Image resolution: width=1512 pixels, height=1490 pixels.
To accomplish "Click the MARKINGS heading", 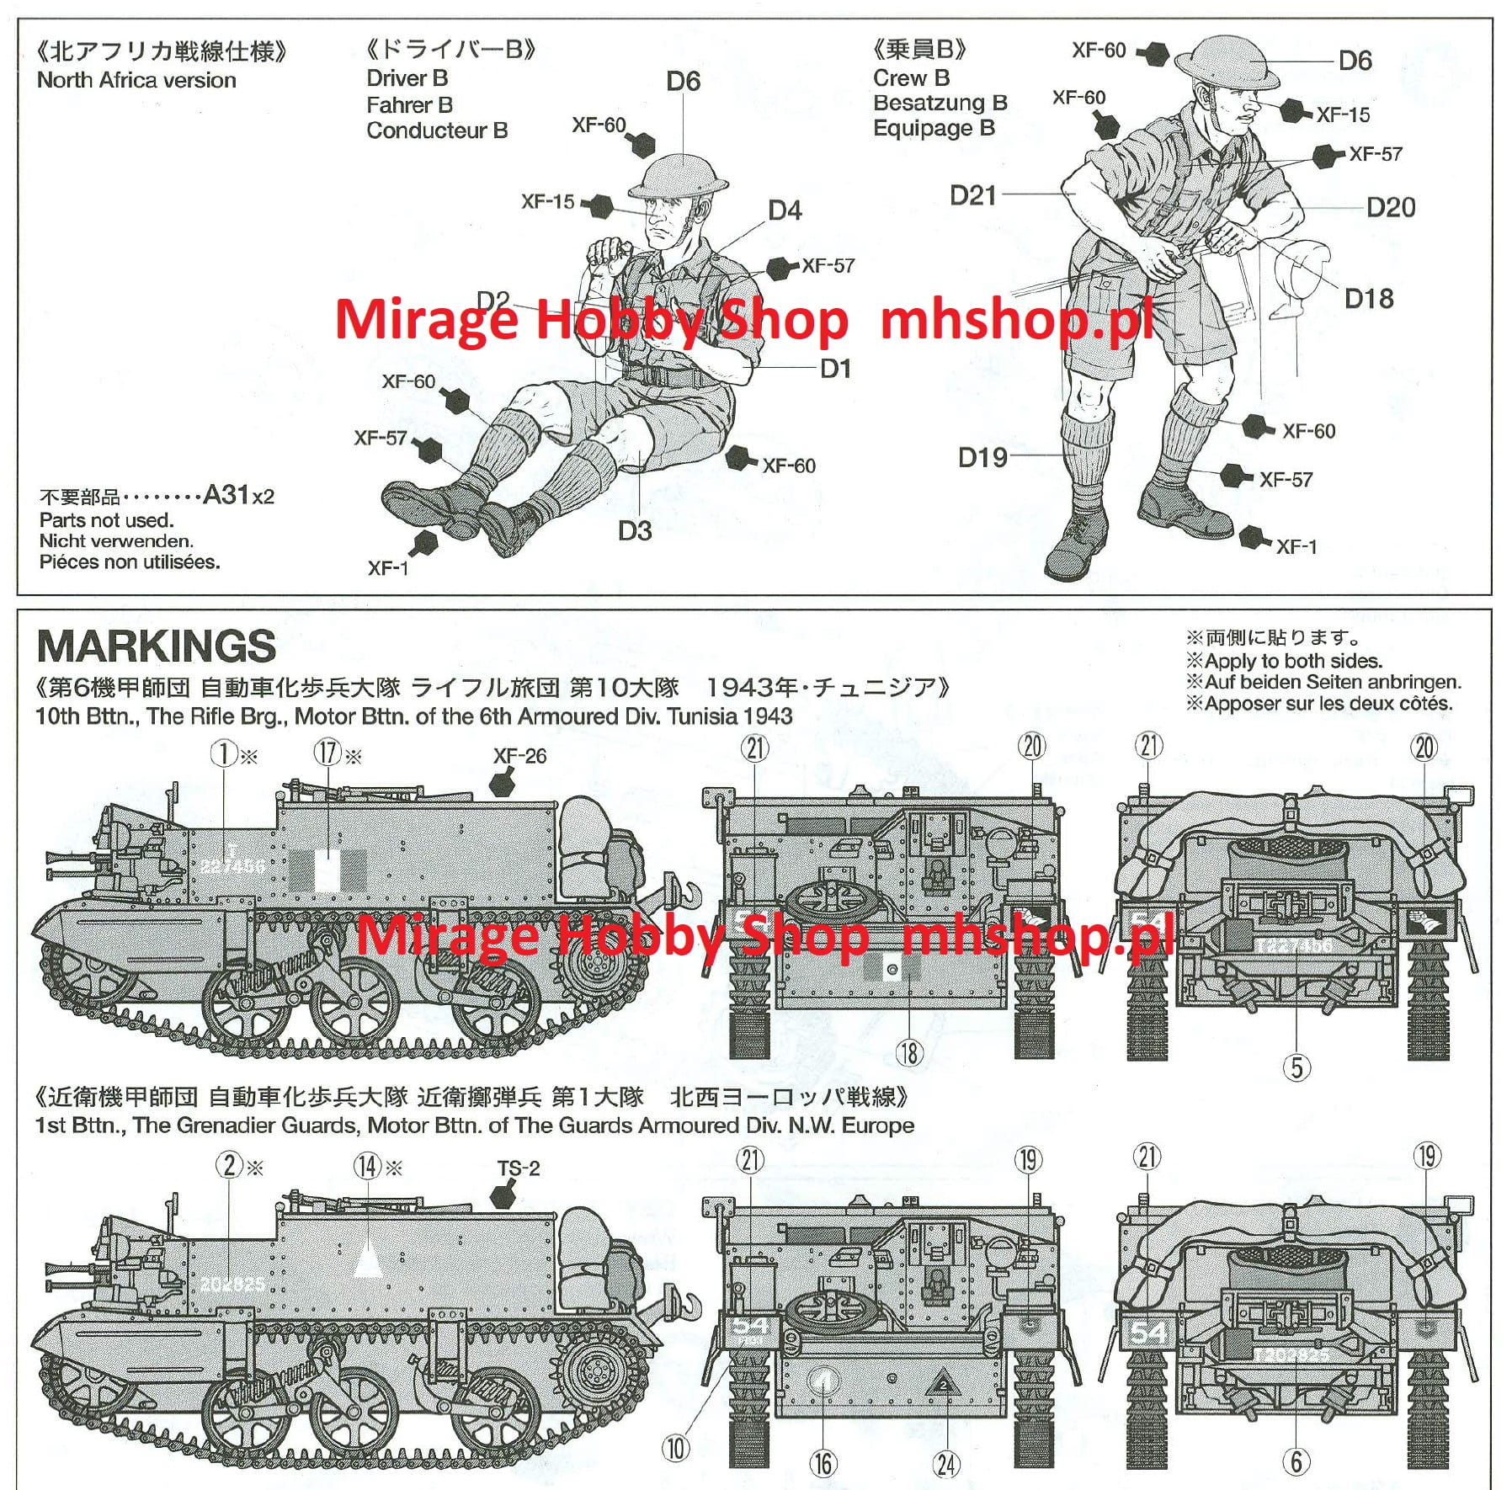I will [x=157, y=647].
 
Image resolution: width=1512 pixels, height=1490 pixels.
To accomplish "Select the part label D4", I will [x=785, y=210].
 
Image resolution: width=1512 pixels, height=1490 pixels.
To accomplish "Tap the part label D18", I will [x=1368, y=299].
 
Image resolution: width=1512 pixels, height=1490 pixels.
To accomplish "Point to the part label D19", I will [x=982, y=458].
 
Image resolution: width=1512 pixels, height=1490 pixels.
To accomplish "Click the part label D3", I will [x=635, y=531].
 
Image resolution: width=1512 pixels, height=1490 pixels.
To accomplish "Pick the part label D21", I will [x=972, y=195].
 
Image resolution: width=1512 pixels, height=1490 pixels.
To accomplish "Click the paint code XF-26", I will [x=519, y=756].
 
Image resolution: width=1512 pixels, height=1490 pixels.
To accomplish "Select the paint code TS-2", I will [x=518, y=1168].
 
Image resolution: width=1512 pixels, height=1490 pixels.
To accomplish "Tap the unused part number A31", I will [x=226, y=495].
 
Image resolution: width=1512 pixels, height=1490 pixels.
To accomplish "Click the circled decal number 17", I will [x=327, y=753].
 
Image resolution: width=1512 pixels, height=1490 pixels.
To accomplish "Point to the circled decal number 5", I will [x=1296, y=1067].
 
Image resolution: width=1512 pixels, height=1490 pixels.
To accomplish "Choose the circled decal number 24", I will [x=946, y=1464].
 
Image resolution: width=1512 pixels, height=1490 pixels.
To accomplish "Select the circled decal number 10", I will [x=676, y=1449].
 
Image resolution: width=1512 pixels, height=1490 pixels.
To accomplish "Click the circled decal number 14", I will [x=368, y=1166].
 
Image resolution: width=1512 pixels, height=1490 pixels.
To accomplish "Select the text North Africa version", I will [x=136, y=81].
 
